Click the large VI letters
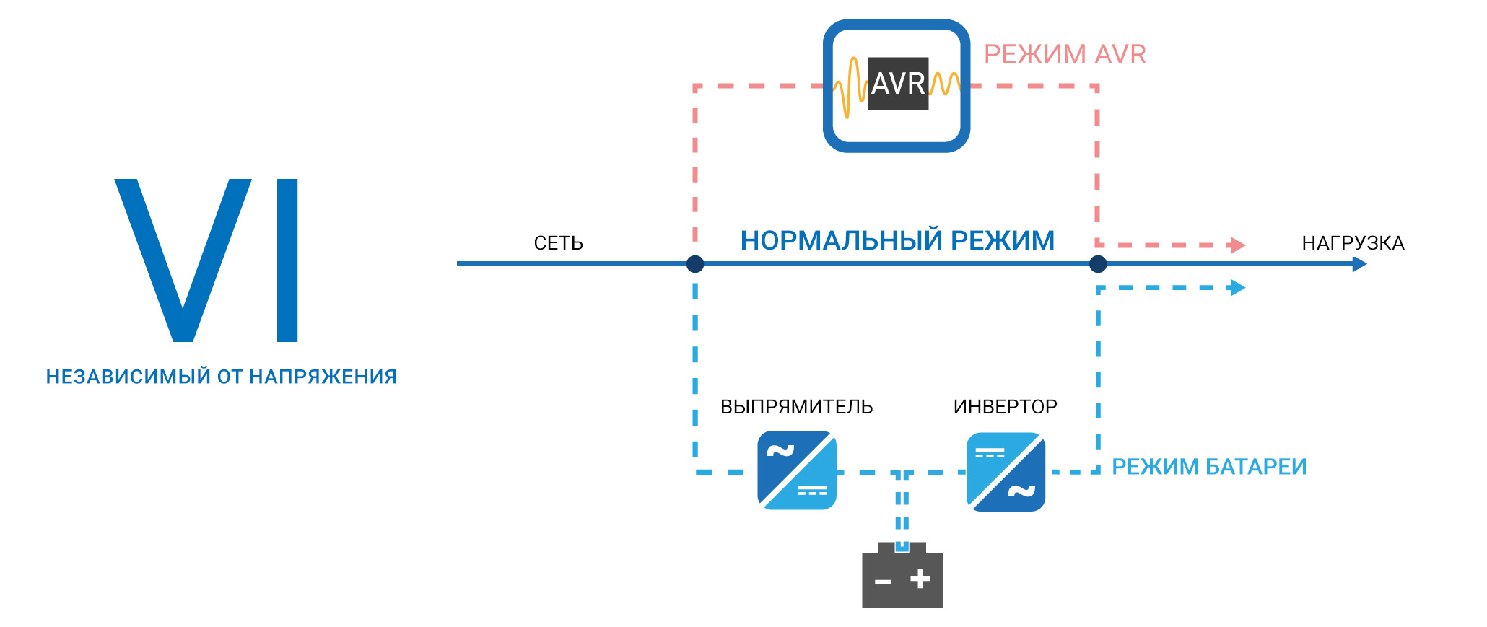(207, 260)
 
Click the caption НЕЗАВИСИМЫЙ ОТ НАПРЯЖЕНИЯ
(221, 377)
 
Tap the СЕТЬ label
(558, 243)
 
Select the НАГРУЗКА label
(1353, 243)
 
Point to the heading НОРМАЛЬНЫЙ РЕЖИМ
(897, 241)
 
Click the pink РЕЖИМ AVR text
(1065, 55)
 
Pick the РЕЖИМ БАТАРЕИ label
(1209, 467)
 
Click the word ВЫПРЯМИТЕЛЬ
(796, 407)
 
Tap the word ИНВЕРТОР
(1005, 407)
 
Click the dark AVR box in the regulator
(898, 84)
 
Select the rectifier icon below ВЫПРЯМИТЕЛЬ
(797, 470)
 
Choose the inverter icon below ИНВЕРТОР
(1006, 472)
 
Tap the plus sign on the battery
(920, 579)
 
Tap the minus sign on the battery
(883, 582)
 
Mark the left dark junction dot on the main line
(695, 264)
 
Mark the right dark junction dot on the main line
(1098, 264)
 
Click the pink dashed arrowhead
(1238, 245)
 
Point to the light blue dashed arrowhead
(1238, 288)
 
